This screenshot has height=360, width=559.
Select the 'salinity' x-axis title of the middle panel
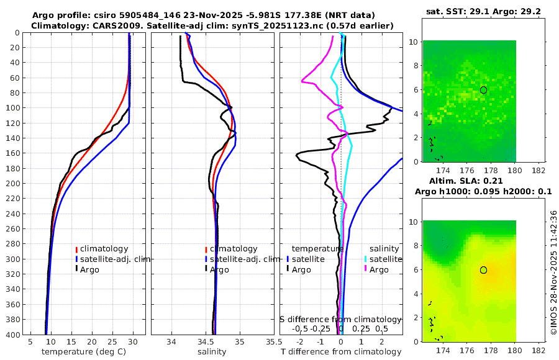click(212, 352)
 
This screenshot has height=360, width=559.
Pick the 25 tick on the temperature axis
click(112, 341)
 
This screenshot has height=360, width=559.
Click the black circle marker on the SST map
click(483, 90)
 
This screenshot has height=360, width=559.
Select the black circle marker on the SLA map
click(483, 270)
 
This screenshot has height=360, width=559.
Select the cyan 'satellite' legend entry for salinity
click(385, 259)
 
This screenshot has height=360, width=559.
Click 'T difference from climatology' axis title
click(341, 352)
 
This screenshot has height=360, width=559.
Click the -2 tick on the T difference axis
click(301, 341)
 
